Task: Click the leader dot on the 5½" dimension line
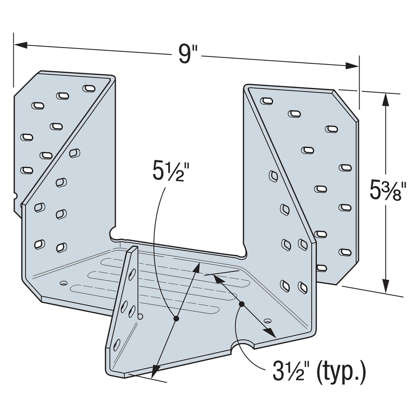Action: click(x=176, y=318)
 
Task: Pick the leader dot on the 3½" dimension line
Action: click(x=241, y=304)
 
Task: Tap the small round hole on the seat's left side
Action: click(x=64, y=283)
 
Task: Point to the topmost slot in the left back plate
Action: click(x=89, y=88)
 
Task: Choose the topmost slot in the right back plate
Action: click(x=266, y=101)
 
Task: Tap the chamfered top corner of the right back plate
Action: click(x=346, y=105)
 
